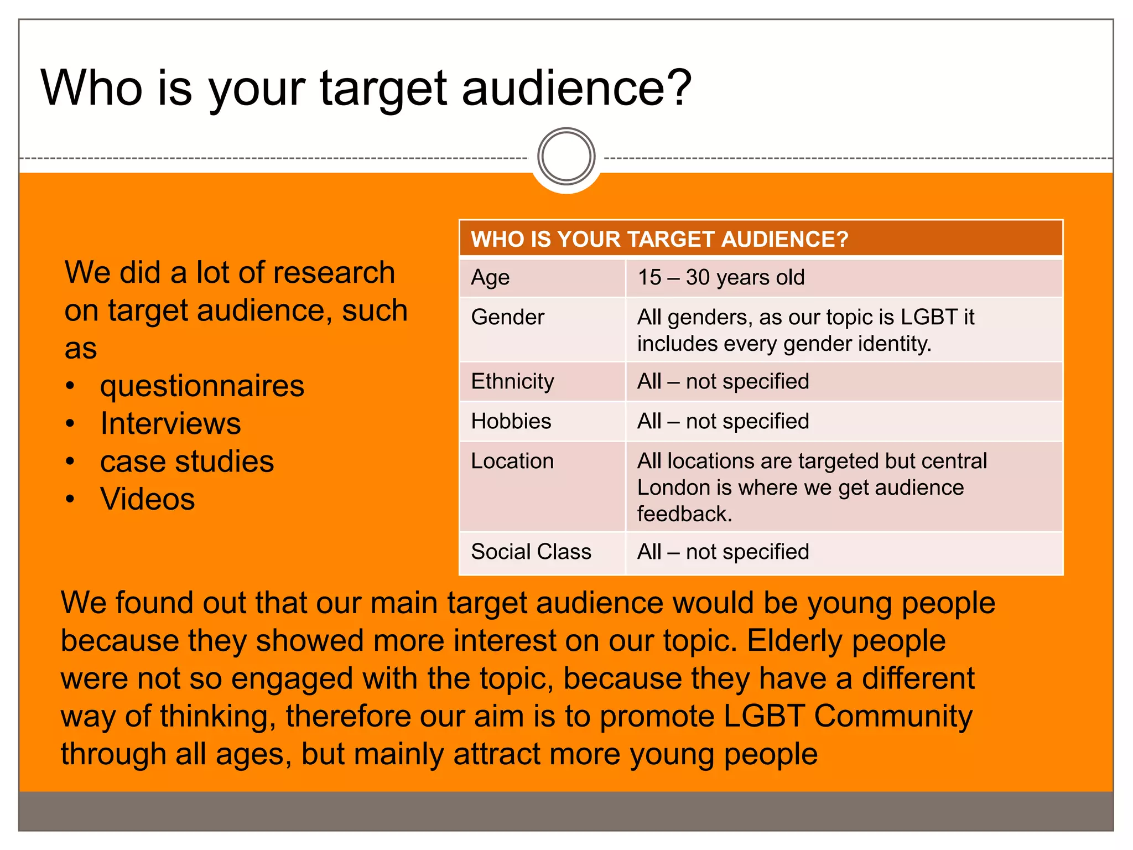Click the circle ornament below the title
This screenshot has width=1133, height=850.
tap(566, 157)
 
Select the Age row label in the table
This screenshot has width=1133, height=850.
tap(490, 277)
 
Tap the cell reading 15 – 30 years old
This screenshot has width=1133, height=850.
tap(721, 277)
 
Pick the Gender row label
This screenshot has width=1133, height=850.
tap(507, 317)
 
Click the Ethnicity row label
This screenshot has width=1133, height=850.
tap(512, 381)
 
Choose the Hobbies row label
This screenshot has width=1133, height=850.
tap(511, 421)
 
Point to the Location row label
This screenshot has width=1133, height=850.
tap(512, 461)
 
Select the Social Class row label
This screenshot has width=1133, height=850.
tap(531, 552)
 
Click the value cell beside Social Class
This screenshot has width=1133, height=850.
tap(723, 552)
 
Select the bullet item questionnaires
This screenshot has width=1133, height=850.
tap(202, 386)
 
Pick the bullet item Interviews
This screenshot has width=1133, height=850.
tap(170, 424)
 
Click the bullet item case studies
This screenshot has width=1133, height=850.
tap(186, 462)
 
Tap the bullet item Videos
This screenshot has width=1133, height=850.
tap(147, 499)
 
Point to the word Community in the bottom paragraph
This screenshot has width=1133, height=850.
tap(892, 716)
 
